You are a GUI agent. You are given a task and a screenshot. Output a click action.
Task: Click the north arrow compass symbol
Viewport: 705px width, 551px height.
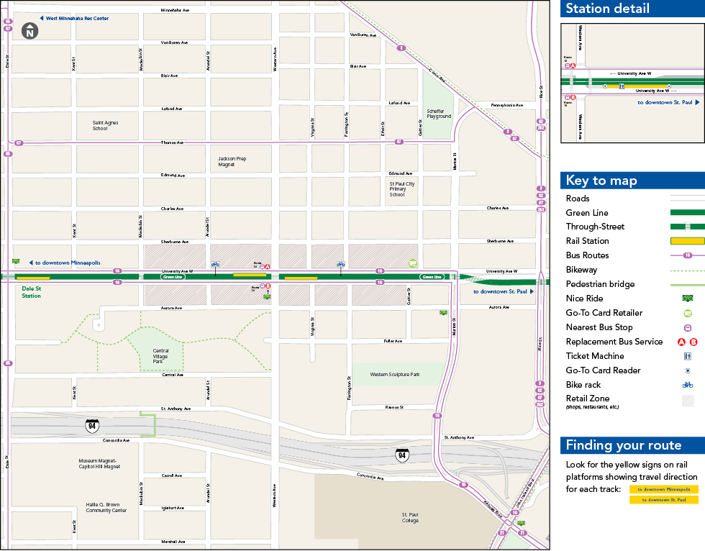point(29,32)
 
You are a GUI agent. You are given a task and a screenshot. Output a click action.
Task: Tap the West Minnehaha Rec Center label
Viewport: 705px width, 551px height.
point(77,18)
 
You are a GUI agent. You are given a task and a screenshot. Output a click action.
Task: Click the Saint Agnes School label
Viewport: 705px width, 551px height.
point(105,126)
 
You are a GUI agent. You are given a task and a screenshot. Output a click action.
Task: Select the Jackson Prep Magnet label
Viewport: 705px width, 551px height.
point(232,161)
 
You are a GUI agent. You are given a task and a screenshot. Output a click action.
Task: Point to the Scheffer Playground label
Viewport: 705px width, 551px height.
point(438,114)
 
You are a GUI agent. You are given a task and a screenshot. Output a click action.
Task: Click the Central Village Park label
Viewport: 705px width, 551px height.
point(162,354)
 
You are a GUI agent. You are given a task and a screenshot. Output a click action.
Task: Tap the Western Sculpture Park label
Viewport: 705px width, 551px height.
point(394,375)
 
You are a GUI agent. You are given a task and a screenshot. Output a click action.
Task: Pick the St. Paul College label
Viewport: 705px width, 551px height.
point(410,517)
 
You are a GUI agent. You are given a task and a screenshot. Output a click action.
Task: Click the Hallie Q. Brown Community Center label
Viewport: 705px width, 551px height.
point(106,508)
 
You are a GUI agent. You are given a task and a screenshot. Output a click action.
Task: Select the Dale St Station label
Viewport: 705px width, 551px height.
point(32,292)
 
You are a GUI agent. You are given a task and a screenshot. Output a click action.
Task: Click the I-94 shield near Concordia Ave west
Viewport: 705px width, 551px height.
point(91,425)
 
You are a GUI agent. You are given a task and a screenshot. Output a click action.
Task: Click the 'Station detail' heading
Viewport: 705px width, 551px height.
point(607,9)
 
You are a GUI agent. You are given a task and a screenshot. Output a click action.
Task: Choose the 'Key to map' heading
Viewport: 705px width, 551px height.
point(601,181)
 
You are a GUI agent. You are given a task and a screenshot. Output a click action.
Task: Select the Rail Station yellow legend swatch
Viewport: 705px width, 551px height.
point(687,241)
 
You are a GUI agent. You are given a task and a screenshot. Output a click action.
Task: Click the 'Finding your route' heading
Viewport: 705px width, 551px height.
point(623,445)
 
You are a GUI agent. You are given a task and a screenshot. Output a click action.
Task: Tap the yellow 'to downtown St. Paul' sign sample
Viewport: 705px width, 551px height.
point(663,500)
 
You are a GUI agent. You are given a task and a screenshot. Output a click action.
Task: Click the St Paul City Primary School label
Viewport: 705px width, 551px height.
point(401,188)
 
